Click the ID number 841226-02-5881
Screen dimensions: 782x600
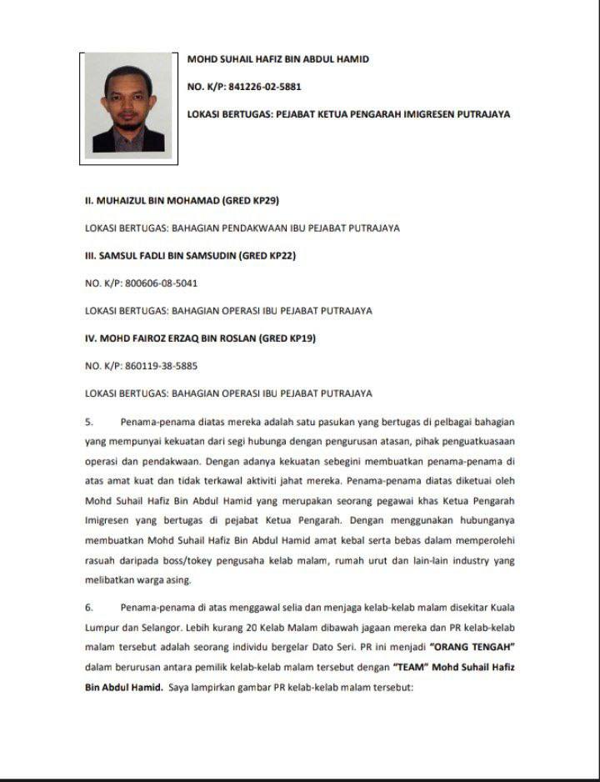pos(264,87)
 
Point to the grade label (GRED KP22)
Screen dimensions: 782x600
pos(267,256)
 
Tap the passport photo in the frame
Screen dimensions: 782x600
pos(128,106)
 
